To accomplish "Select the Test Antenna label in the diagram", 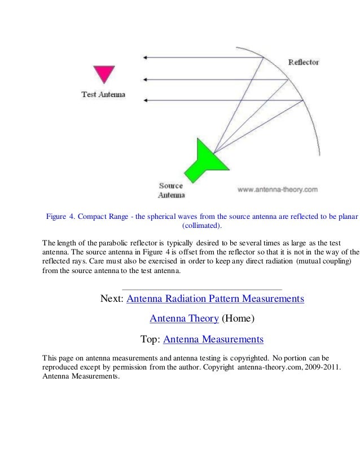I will coord(103,94).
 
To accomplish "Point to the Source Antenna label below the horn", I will coord(170,190).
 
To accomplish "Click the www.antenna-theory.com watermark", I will coord(278,190).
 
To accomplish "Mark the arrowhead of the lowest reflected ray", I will coord(146,100).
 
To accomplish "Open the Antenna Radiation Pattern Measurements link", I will coord(216,298).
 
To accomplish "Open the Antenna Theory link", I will coord(183,319).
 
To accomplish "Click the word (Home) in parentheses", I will coord(238,319).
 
